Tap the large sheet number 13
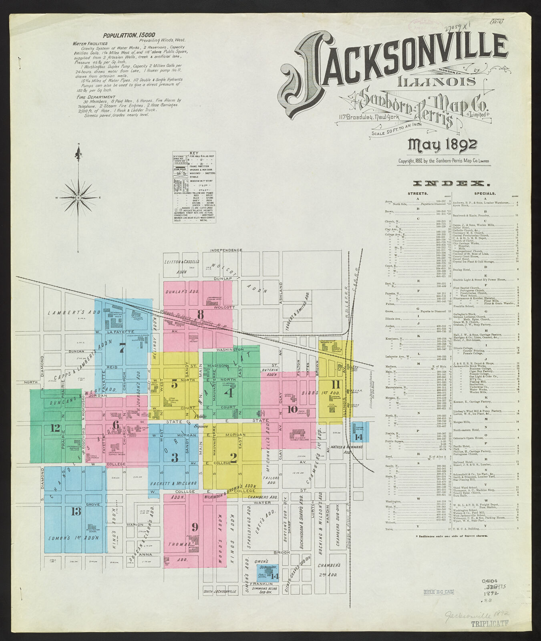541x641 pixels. point(76,511)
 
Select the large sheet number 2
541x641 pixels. point(233,458)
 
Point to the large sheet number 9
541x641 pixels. point(195,526)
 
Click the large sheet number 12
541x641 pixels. point(55,428)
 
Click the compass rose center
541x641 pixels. point(78,198)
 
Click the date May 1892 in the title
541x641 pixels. point(442,145)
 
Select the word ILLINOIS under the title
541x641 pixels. point(436,81)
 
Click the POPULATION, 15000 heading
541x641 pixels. point(129,35)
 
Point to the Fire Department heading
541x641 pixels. point(94,97)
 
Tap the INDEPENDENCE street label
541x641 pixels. point(226,250)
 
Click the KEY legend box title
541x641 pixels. point(194,153)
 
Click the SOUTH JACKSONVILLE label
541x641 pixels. point(219,592)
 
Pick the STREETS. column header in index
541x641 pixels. point(418,194)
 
